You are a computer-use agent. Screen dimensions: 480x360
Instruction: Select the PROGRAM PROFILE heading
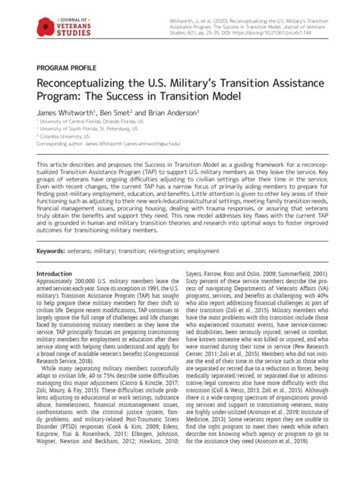pos(65,68)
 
